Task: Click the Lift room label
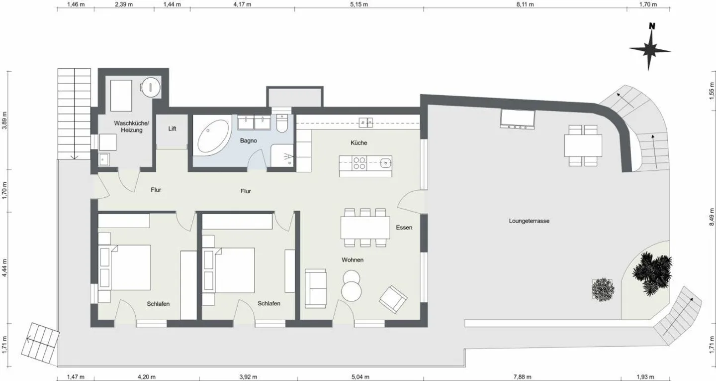tap(172, 128)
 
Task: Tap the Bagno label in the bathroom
tap(249, 140)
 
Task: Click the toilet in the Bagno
tap(282, 124)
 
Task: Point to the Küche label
tap(358, 143)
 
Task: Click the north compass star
tap(649, 50)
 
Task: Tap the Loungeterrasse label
tap(529, 221)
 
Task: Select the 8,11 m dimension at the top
tap(525, 4)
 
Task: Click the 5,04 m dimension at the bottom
tap(360, 377)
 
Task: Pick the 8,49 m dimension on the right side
tap(712, 217)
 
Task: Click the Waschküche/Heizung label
tap(131, 127)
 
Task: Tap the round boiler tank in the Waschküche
tap(151, 87)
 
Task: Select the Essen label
tap(404, 228)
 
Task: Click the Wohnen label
tap(352, 260)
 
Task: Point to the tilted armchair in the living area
tap(393, 299)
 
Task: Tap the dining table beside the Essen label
tap(365, 228)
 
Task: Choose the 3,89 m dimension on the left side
tap(4, 121)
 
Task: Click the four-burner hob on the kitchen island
tap(359, 163)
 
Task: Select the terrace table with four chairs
tap(583, 145)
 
